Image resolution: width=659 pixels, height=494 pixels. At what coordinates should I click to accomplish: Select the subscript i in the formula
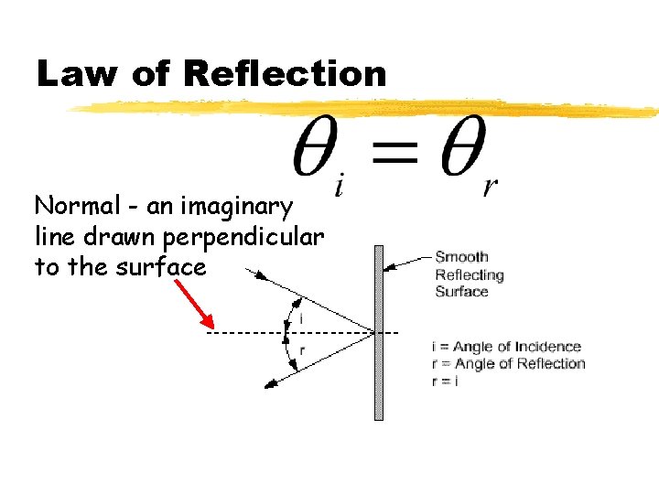(x=340, y=186)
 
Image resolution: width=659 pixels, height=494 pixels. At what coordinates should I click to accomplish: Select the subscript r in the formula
(x=490, y=187)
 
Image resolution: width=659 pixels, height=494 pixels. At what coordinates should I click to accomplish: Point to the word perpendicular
(x=243, y=237)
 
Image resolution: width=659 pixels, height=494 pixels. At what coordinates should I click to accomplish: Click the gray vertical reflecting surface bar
(x=378, y=366)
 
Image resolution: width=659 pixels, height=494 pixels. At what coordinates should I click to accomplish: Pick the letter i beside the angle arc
(x=302, y=319)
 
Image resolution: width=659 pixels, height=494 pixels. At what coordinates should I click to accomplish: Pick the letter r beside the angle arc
(x=302, y=349)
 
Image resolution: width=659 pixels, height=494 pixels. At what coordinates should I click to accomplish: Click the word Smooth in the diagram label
(x=461, y=257)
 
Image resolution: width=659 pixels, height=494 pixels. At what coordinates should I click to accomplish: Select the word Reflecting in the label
(x=470, y=274)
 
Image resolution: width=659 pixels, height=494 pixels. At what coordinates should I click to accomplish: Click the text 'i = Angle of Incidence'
(x=506, y=347)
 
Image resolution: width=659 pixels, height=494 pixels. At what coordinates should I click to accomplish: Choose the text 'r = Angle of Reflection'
(x=508, y=363)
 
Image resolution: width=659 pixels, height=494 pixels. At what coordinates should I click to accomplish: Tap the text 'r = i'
(x=445, y=381)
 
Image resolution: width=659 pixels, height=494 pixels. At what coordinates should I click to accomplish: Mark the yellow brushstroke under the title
(x=366, y=109)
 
